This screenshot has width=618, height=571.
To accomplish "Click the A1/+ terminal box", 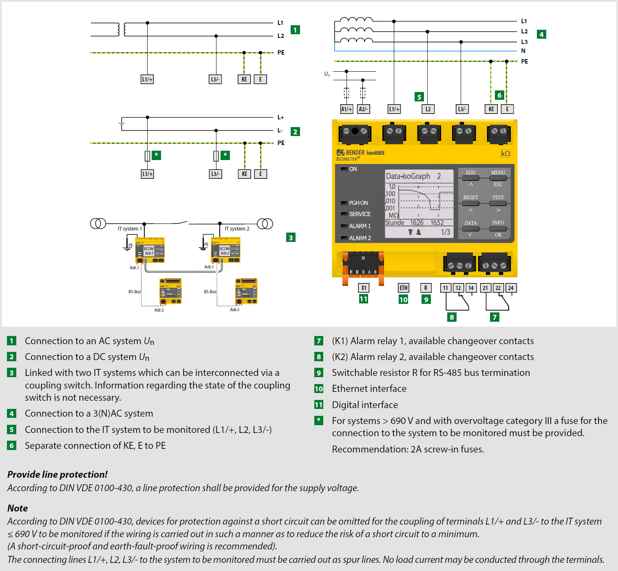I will (x=347, y=109).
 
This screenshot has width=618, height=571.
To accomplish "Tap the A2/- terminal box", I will (x=363, y=109).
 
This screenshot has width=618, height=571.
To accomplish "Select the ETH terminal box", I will (x=404, y=288).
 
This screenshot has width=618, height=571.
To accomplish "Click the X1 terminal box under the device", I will (x=364, y=288).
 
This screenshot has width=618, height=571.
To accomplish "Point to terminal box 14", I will (x=471, y=288).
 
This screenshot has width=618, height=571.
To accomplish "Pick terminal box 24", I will (x=511, y=288).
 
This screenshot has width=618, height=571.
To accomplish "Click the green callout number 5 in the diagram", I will (x=419, y=97).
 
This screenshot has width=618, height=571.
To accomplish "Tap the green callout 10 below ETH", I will (x=403, y=300).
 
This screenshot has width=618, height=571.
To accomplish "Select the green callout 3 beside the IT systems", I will (x=291, y=238).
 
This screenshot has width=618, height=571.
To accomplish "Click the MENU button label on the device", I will (x=498, y=173).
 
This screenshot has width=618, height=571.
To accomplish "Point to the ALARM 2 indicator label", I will (x=360, y=238).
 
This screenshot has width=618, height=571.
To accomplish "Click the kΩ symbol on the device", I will (x=505, y=154).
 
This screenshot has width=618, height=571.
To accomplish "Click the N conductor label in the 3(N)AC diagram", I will (x=523, y=51).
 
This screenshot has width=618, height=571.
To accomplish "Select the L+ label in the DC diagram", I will (x=280, y=117).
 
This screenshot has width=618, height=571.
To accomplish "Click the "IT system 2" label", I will (x=237, y=229).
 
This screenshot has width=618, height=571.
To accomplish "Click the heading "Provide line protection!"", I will (x=57, y=474).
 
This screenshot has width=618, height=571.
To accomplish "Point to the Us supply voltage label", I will (x=327, y=74).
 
